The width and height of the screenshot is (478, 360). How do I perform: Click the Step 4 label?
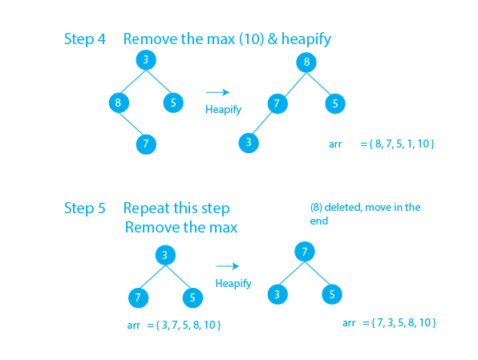click(x=84, y=39)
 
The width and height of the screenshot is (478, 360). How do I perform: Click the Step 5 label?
click(x=84, y=208)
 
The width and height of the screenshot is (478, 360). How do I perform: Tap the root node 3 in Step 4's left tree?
click(x=145, y=61)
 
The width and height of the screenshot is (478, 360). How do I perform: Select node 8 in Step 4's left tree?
click(x=119, y=103)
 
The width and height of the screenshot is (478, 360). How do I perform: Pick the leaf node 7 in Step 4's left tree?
click(x=145, y=144)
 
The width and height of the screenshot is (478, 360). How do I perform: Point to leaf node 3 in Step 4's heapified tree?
click(x=249, y=143)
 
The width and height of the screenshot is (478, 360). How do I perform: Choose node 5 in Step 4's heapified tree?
click(x=336, y=103)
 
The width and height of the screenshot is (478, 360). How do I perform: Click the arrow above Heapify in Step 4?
click(x=218, y=92)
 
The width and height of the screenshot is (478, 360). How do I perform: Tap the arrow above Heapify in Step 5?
click(x=229, y=266)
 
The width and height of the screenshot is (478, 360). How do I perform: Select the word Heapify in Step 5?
click(x=233, y=284)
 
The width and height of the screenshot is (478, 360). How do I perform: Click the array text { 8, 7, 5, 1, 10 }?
click(x=397, y=144)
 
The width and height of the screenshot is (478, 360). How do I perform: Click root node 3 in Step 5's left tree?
click(x=164, y=256)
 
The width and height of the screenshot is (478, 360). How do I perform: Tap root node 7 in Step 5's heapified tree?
click(x=304, y=253)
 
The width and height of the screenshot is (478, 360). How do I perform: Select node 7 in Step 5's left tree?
click(x=138, y=297)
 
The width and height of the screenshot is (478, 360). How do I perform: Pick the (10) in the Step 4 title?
click(x=249, y=39)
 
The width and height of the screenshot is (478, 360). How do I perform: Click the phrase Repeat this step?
click(x=176, y=208)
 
